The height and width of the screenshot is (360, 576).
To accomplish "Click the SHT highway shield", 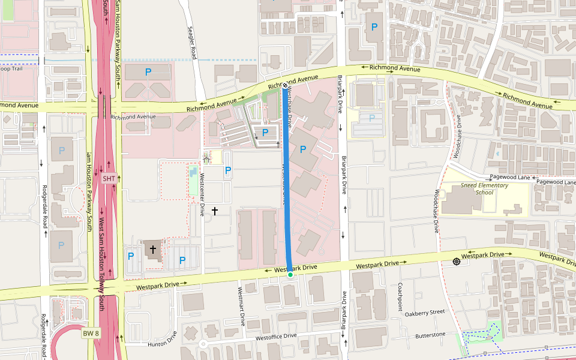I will click(x=109, y=179).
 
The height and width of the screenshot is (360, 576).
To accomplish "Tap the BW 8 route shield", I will click(x=91, y=333).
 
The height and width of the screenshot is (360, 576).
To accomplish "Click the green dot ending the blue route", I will click(x=290, y=275).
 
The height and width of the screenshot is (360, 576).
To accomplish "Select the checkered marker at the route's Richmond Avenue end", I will click(x=285, y=86).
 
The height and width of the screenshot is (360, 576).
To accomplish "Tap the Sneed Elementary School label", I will click(x=484, y=189).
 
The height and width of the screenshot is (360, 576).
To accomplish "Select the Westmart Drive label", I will click(x=241, y=306).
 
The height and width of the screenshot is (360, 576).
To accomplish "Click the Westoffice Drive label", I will click(x=276, y=337).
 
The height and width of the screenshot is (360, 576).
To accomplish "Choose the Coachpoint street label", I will click(x=400, y=297).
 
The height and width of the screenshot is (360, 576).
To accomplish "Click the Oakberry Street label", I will click(x=424, y=313).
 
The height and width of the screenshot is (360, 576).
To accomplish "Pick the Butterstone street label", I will click(x=430, y=335).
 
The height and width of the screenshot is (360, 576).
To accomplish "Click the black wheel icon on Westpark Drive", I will click(x=457, y=261).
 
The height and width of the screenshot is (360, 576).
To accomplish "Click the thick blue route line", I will click(x=287, y=180).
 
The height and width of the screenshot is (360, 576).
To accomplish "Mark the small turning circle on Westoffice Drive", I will click(x=203, y=344).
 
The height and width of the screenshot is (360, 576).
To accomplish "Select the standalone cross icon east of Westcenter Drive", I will click(x=215, y=211).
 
